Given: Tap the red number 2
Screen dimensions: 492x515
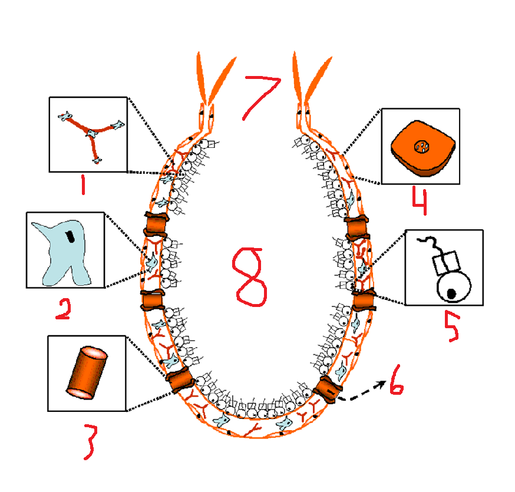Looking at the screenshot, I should [63, 309].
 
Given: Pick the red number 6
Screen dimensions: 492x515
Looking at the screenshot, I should [396, 387].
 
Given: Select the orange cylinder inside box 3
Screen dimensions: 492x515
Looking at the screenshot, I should [86, 373].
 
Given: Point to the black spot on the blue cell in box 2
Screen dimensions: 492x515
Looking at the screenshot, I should [70, 236].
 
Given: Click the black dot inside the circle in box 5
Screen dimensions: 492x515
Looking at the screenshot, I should [452, 292].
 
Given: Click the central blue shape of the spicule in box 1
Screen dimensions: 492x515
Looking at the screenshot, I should [91, 134].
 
